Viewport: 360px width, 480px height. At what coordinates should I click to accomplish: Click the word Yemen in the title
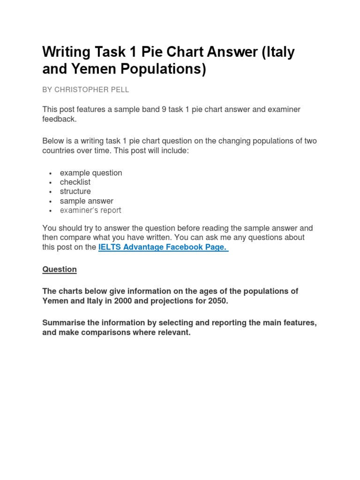[x=94, y=69]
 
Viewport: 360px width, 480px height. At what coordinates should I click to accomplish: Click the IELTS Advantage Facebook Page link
[x=163, y=247]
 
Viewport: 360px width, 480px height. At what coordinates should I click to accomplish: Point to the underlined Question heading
[x=60, y=269]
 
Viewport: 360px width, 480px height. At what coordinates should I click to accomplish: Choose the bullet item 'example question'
[x=91, y=172]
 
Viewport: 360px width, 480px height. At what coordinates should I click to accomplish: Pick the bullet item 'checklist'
[x=75, y=182]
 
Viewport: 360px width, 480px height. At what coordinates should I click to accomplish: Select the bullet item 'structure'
[x=75, y=191]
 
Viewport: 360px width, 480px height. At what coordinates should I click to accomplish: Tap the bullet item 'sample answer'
[x=87, y=201]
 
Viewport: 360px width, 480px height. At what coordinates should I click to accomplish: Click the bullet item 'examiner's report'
[x=90, y=210]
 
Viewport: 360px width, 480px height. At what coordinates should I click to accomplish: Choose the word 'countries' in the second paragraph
[x=59, y=150]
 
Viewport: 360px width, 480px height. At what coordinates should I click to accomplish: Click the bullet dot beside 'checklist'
[x=50, y=182]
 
